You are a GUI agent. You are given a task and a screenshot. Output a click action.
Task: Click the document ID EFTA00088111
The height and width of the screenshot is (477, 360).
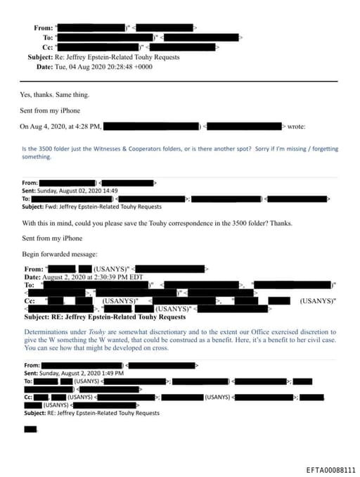point(331,469)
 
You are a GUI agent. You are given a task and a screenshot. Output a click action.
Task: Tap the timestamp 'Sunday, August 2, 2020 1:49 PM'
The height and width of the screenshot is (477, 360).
point(82,374)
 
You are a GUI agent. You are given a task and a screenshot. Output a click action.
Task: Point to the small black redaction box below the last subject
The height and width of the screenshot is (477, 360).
point(30,429)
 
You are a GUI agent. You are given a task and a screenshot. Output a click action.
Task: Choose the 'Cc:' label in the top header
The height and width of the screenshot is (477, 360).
point(49,47)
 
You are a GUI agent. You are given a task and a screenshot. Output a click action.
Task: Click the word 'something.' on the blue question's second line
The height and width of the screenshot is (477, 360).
point(37,157)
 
